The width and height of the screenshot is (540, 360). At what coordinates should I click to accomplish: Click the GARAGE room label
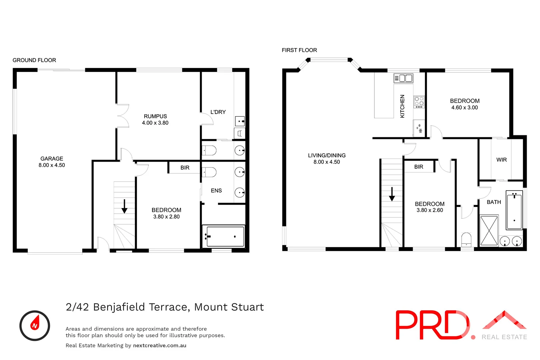pos(52,159)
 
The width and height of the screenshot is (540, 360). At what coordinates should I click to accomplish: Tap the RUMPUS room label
pos(155,116)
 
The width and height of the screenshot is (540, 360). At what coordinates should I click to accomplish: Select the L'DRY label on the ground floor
pos(218,112)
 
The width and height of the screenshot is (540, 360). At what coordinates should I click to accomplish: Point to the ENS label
pos(216,191)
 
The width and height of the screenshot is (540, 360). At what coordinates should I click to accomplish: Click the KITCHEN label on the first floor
pos(402,106)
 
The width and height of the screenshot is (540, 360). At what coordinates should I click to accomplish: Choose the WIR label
pos(501,160)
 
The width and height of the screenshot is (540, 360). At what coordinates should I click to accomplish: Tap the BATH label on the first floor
pos(494,202)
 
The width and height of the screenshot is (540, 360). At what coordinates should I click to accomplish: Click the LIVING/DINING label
pos(327,155)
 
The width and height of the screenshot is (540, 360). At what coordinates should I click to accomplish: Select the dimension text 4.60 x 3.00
pos(465,108)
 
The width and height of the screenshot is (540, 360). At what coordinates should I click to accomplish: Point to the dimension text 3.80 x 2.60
pos(430,210)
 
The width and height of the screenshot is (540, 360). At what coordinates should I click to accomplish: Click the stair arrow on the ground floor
pos(124,206)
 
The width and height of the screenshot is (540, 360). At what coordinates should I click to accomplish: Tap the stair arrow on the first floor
pos(392,194)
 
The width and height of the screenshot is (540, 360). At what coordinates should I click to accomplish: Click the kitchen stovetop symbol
pos(419,102)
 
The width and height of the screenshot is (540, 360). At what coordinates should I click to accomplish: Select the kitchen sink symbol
pos(404,78)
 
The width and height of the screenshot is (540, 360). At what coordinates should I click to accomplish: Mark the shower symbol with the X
pos(489,231)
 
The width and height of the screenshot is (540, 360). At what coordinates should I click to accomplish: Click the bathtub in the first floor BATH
pos(514,210)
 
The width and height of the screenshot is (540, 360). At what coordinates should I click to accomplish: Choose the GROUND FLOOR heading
pos(34,60)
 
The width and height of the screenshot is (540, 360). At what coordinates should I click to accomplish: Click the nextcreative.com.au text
pos(160,346)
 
